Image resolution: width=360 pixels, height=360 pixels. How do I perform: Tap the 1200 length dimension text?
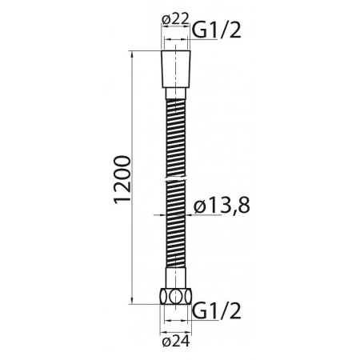[x=121, y=178]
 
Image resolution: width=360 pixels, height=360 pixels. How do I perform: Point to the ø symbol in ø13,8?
[x=200, y=206]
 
